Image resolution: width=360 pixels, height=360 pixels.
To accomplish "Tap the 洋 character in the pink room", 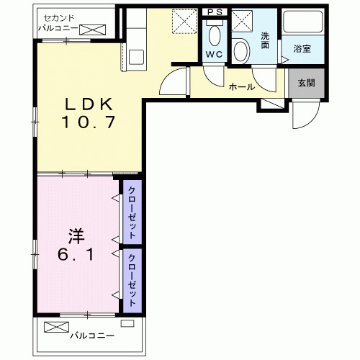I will pyautogui.click(x=72, y=235).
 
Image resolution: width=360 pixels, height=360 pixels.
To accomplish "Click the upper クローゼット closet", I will pyautogui.click(x=132, y=214).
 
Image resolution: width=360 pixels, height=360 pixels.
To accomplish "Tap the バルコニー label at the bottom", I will pyautogui.click(x=92, y=336).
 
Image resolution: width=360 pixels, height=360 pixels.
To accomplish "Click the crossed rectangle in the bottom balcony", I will pyautogui.click(x=55, y=326).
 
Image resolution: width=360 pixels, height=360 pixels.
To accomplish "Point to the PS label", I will pyautogui.click(x=214, y=12).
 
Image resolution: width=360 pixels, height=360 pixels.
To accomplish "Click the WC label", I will pyautogui.click(x=214, y=54).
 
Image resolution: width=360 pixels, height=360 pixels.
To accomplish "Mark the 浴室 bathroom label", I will pyautogui.click(x=302, y=49).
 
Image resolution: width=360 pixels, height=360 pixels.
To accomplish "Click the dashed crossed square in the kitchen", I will pyautogui.click(x=185, y=21).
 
